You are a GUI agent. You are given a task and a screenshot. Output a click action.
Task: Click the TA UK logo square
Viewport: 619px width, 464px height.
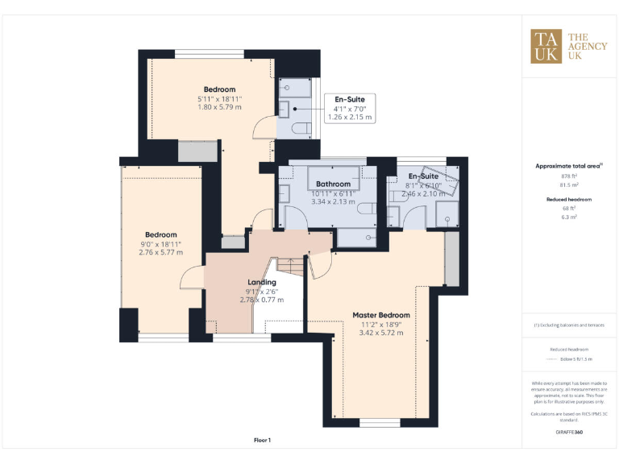tap(546, 46)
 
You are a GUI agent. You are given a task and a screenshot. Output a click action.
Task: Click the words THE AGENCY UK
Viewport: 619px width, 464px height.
tap(588, 47)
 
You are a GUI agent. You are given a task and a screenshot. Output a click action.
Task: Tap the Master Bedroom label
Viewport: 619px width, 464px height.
tap(381, 315)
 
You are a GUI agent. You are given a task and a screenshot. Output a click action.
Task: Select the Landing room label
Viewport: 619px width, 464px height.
tap(262, 282)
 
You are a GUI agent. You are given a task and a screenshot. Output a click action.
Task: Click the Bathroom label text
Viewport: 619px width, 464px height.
tap(333, 184)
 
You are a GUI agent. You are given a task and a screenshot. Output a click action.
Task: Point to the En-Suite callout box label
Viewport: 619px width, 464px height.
tap(350, 100)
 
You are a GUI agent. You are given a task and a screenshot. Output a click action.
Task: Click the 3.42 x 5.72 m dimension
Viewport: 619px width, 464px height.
tap(381, 333)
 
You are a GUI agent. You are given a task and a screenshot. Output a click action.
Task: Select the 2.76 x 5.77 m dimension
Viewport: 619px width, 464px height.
tap(160, 252)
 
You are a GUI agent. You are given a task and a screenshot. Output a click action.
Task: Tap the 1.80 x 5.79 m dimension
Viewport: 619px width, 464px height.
tap(219, 107)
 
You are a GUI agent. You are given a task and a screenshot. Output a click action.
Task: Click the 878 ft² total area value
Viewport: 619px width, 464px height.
tap(569, 176)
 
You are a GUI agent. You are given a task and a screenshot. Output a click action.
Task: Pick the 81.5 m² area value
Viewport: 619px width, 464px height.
tap(569, 184)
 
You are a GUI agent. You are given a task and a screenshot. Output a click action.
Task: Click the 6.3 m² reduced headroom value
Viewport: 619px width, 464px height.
tap(569, 217)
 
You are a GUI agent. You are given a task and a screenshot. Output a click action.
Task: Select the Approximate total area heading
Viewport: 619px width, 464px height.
tap(569, 165)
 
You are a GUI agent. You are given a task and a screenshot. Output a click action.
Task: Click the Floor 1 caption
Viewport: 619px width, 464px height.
tap(262, 440)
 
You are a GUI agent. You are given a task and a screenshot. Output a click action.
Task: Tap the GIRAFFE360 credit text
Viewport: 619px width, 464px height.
tap(569, 433)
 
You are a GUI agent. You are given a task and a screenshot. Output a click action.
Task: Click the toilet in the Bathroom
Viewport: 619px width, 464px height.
tap(364, 209)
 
